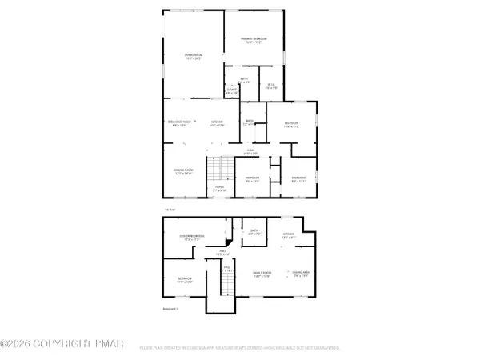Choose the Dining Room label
click(185, 171)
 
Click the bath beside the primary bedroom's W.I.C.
click(244, 81)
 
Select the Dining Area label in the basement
click(302, 275)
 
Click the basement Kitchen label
click(290, 236)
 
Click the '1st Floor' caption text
click(170, 209)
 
